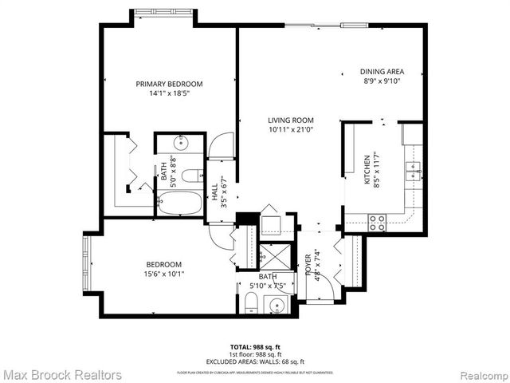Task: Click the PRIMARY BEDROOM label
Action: pyautogui.click(x=168, y=84)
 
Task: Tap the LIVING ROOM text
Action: pyautogui.click(x=291, y=120)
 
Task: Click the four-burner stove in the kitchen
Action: pyautogui.click(x=377, y=223)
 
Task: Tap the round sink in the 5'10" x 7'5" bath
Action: pyautogui.click(x=277, y=306)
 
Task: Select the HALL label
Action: pyautogui.click(x=214, y=192)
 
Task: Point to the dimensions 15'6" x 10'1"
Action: pyautogui.click(x=163, y=274)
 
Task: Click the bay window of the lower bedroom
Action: pyautogui.click(x=87, y=263)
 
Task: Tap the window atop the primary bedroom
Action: pyautogui.click(x=163, y=12)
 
